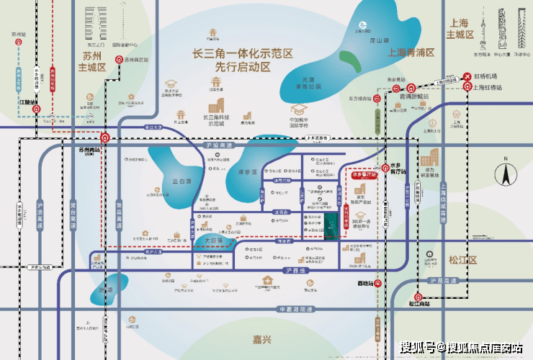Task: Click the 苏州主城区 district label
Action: (91, 60)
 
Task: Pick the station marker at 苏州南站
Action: (105, 138)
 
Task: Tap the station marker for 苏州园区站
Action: (120, 60)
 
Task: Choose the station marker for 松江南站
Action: (417, 297)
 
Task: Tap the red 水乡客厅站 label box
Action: (364, 174)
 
